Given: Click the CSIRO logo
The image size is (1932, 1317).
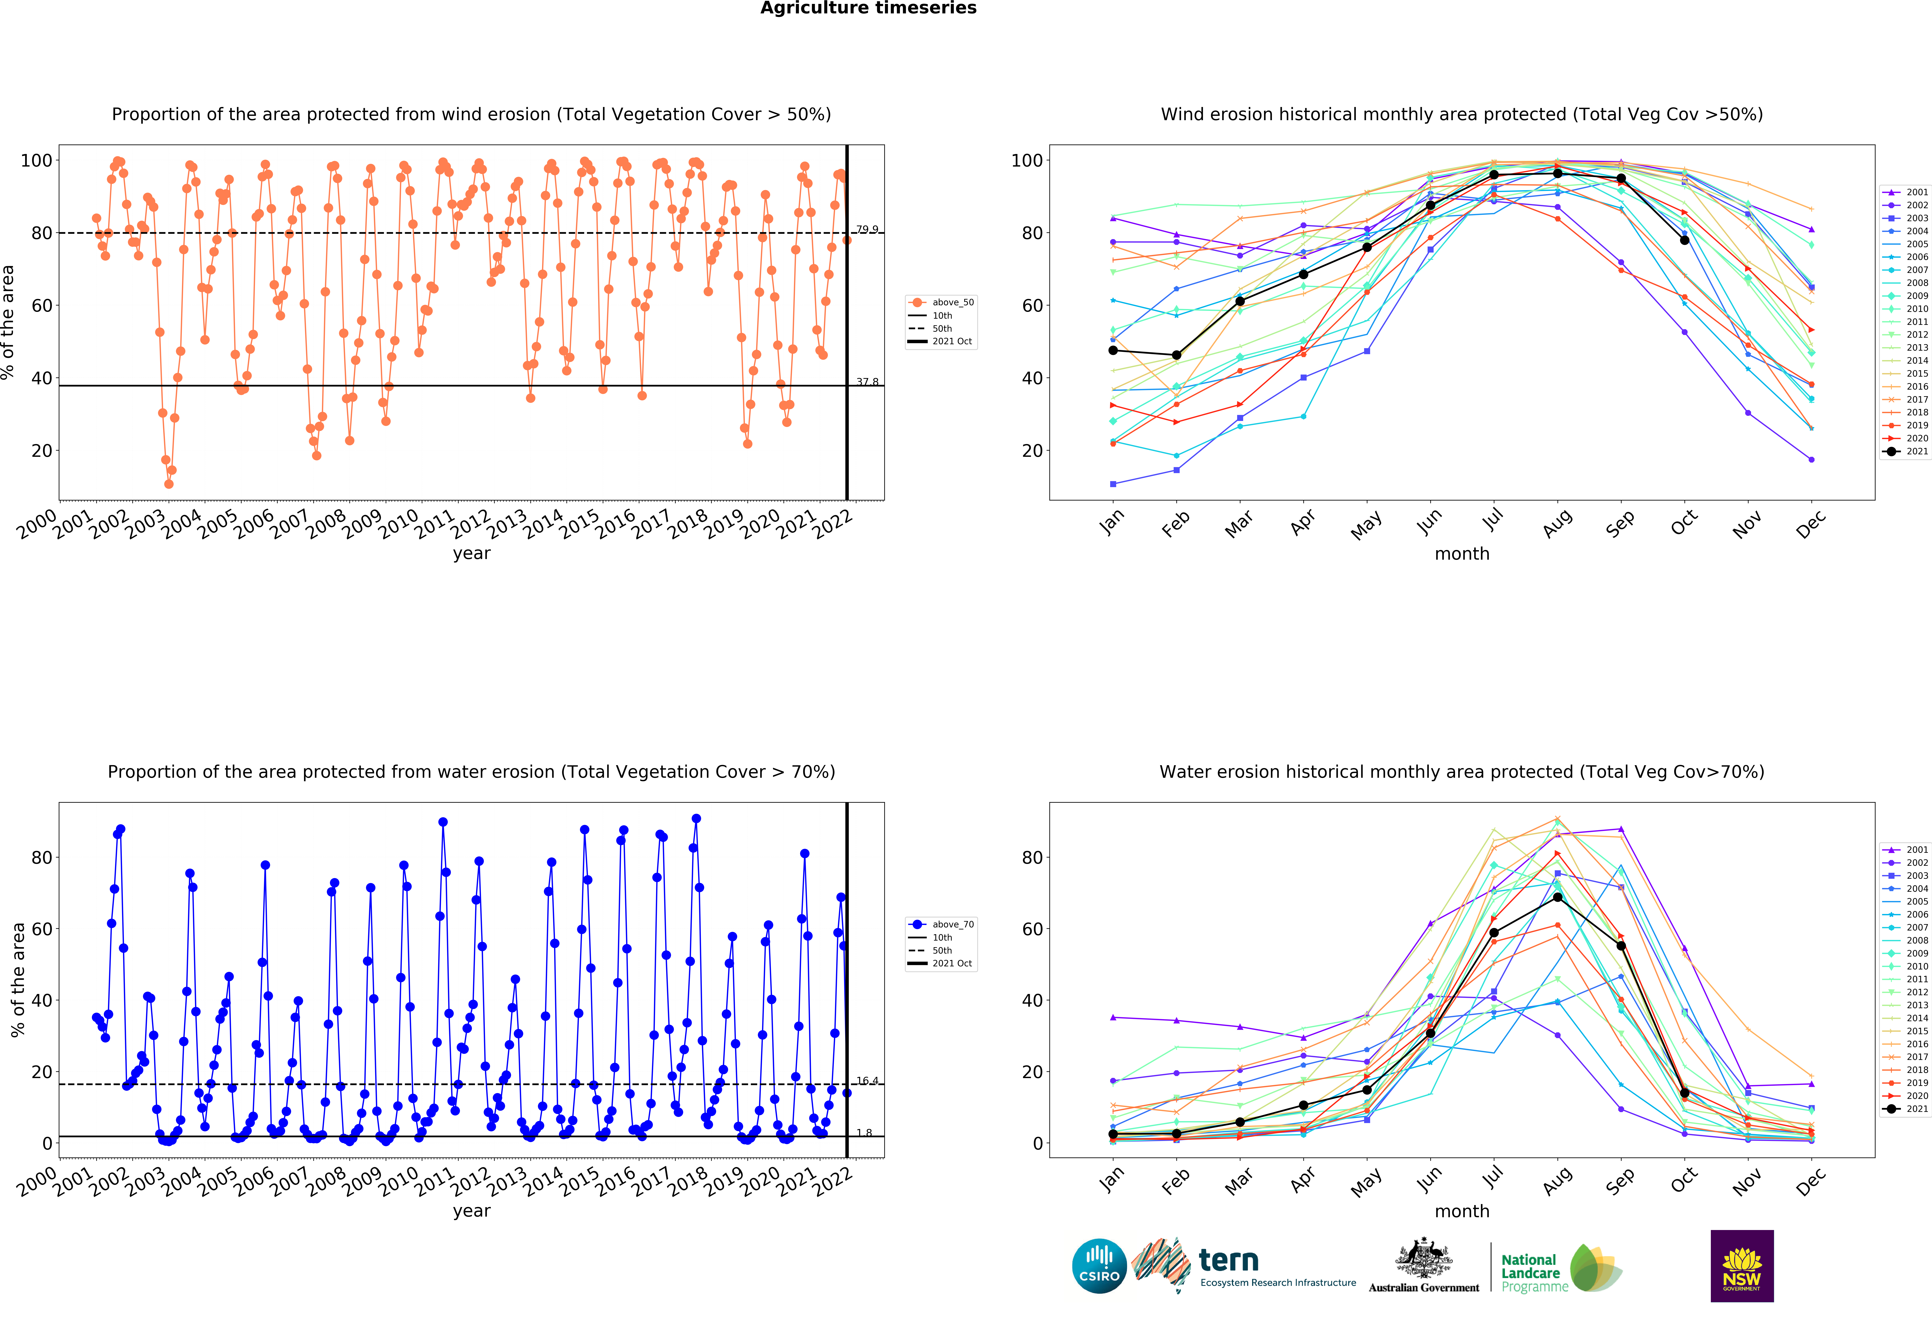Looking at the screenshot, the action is (1099, 1266).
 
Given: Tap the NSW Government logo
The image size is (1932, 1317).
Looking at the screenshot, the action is (1742, 1265).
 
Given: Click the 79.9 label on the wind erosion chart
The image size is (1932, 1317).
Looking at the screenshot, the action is (867, 229).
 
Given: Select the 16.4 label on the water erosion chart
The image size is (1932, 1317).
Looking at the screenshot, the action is (867, 1081).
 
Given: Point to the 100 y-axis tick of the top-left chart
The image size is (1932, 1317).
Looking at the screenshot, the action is (36, 160).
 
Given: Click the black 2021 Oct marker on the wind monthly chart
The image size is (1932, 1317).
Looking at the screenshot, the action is (1684, 240).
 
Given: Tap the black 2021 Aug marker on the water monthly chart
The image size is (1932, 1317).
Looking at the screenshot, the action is (1557, 897).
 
